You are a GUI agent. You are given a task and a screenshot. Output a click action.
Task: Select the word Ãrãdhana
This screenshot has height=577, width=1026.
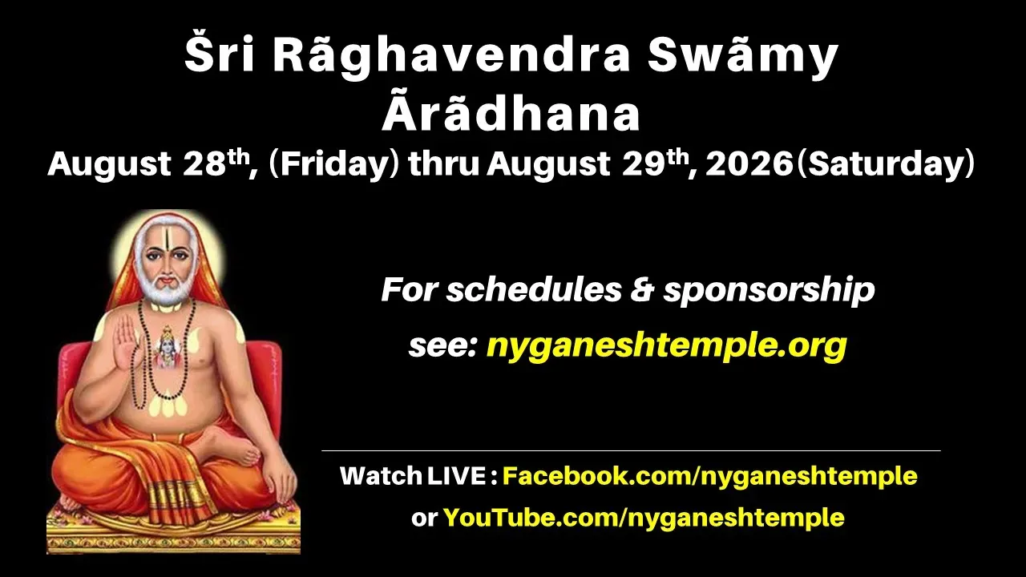(x=511, y=113)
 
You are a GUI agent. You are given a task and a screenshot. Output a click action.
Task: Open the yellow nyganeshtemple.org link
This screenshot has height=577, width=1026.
(x=666, y=345)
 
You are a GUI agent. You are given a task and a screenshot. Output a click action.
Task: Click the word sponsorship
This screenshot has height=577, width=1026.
(x=769, y=291)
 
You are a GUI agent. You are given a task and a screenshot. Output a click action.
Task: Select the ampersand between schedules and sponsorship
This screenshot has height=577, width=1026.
(x=643, y=289)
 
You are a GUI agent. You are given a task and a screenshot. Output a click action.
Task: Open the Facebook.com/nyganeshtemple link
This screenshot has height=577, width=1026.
(x=710, y=476)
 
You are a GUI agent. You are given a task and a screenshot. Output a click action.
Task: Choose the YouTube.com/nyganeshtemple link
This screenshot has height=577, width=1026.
(x=644, y=518)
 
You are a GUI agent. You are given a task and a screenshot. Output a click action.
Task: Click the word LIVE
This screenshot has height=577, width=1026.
(x=456, y=476)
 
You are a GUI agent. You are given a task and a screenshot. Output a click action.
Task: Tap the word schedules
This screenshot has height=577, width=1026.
(x=534, y=290)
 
